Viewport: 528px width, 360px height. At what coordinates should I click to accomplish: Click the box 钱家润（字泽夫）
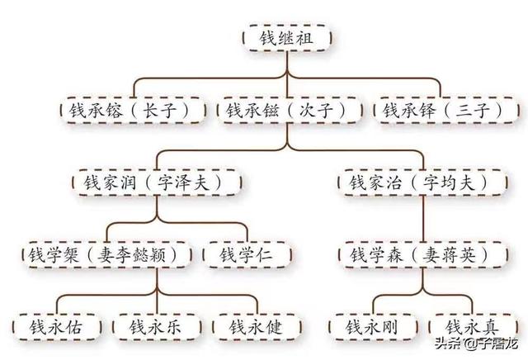coord(157,182)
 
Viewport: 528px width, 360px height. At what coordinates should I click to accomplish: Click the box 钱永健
coord(257,326)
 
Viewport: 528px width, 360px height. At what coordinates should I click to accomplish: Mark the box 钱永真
coord(471,326)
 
